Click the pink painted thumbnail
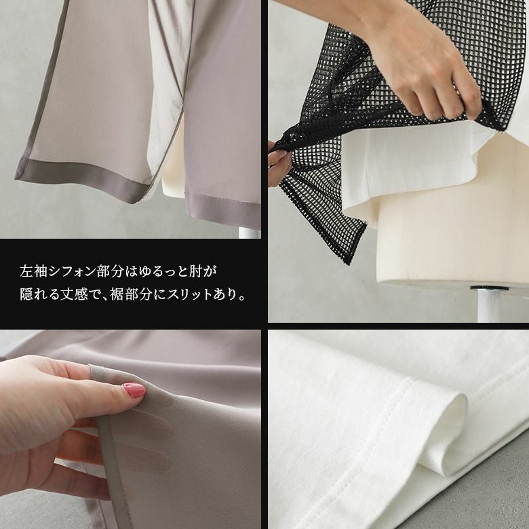click(x=134, y=390)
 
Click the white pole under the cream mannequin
click(x=488, y=305)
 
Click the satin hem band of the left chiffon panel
click(x=81, y=181)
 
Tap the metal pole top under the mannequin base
click(x=488, y=289)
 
